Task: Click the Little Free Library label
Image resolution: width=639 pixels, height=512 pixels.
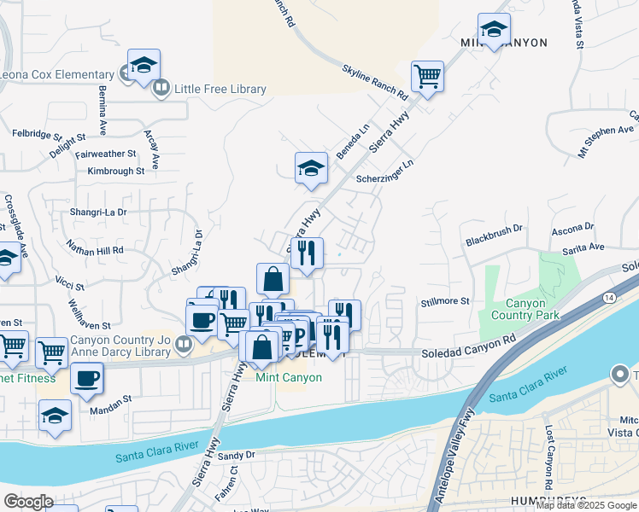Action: click(x=220, y=89)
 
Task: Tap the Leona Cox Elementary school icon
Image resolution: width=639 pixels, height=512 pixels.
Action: click(x=144, y=66)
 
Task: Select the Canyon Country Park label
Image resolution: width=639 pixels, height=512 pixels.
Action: click(x=532, y=309)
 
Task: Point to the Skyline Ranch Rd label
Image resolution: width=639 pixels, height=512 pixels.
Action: click(x=375, y=83)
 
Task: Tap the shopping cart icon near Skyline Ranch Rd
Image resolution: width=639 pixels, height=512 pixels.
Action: click(x=426, y=76)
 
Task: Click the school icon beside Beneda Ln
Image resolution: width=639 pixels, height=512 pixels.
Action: click(x=312, y=168)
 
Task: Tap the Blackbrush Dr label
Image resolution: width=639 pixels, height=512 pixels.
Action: click(x=493, y=236)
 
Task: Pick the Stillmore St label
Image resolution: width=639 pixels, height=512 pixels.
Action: click(x=445, y=301)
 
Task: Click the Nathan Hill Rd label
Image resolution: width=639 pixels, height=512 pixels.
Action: click(x=95, y=249)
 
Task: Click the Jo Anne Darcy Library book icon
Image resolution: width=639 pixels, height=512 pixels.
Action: click(x=182, y=345)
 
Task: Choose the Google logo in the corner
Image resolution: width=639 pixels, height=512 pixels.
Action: click(x=27, y=502)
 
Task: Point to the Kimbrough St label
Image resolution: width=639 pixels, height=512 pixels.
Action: click(x=115, y=171)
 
